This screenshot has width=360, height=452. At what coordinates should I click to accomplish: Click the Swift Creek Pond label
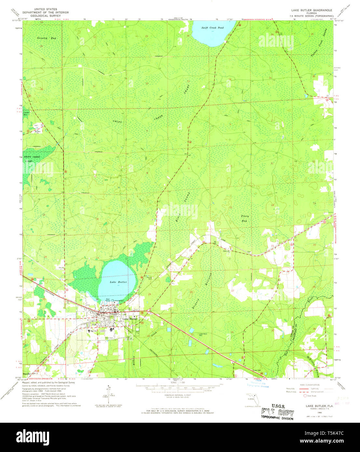(212, 28)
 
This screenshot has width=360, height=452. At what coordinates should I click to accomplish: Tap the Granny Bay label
(47, 38)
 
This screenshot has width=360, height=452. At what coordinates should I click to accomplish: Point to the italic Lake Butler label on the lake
(118, 282)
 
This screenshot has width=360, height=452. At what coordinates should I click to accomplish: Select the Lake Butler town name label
(130, 319)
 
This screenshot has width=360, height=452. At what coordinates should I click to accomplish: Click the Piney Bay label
(244, 218)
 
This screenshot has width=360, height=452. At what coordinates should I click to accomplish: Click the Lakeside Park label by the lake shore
(119, 300)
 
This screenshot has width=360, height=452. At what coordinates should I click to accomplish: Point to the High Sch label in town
(94, 330)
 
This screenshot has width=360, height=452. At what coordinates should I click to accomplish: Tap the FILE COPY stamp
(278, 413)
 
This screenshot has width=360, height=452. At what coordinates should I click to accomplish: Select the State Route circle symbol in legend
(305, 396)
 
